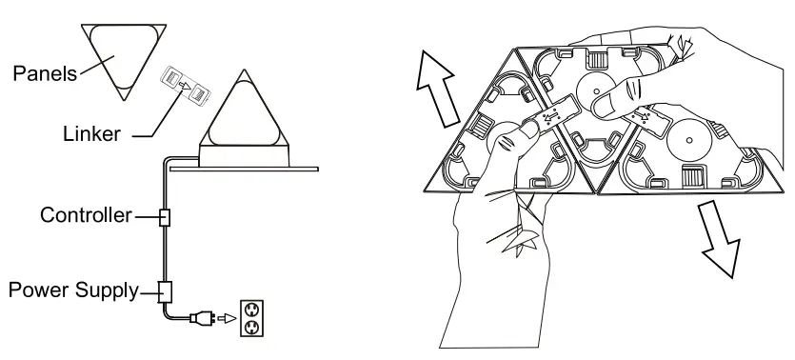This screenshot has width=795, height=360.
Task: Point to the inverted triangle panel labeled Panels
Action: tap(119, 58)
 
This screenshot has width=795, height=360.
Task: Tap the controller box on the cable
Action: tap(165, 218)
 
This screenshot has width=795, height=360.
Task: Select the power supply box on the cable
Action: tap(165, 290)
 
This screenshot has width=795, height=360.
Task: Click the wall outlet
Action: tap(249, 318)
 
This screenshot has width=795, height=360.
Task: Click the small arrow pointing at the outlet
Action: tap(226, 318)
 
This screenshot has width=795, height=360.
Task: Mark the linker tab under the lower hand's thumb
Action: tap(551, 118)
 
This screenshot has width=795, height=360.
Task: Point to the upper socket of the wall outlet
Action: tap(249, 310)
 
